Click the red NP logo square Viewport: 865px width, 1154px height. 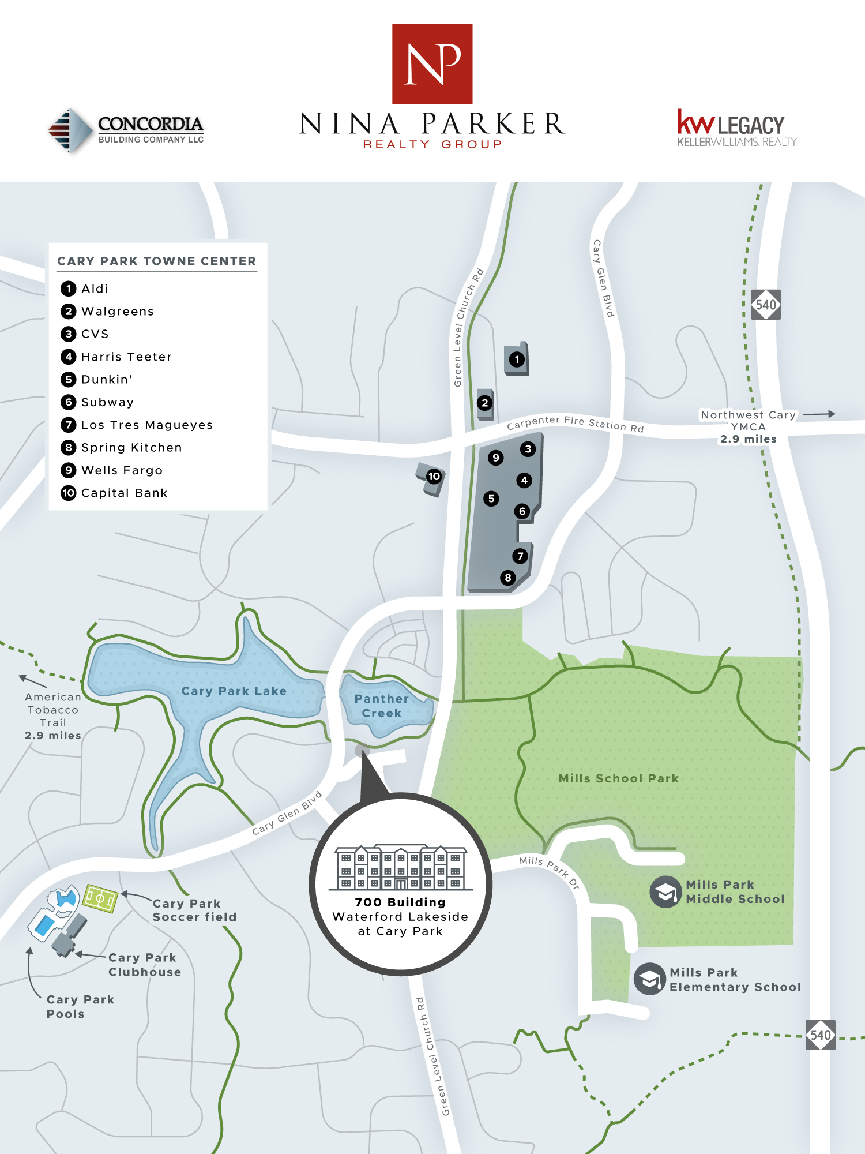pos(432,63)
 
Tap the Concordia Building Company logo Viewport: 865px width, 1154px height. pos(127,130)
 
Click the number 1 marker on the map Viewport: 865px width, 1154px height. pos(517,359)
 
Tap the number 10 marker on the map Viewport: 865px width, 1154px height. pos(434,477)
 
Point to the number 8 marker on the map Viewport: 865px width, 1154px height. pos(507,578)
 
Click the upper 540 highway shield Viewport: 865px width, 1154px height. pos(766,305)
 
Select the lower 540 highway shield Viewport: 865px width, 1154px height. pos(820,1035)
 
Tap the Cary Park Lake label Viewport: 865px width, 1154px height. pos(234,691)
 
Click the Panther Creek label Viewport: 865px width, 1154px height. pos(381,706)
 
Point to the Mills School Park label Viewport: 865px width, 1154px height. pos(618,778)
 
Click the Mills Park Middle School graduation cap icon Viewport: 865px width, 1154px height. pos(665,892)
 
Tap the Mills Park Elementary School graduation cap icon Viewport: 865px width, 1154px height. pos(650,979)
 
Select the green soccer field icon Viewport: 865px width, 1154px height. pos(100,898)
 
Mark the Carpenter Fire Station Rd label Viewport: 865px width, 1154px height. pos(575,424)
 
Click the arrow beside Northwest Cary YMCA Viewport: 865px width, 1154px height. pos(818,414)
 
